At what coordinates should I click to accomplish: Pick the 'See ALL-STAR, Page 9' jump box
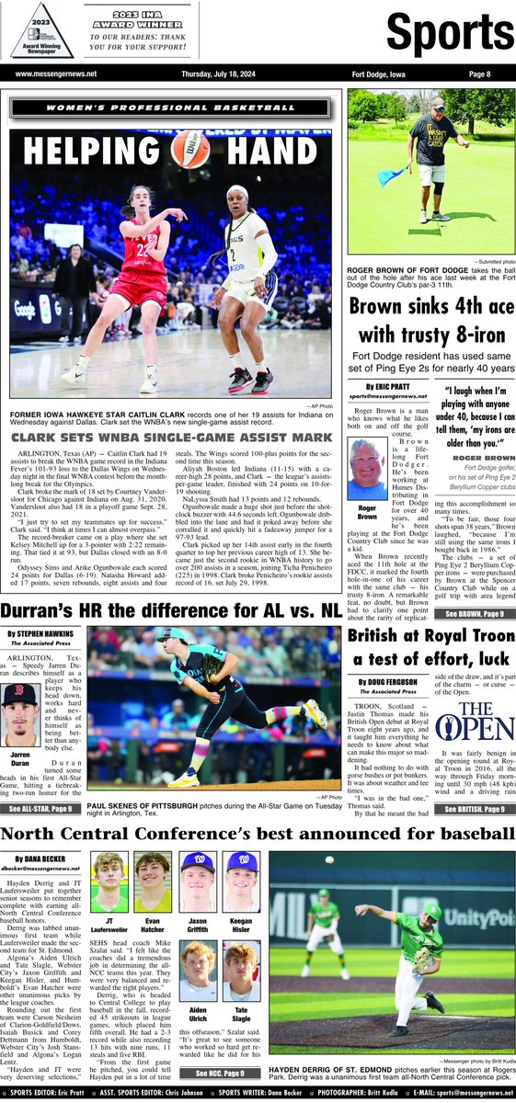tap(41, 809)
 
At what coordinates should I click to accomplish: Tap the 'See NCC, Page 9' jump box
tap(218, 1072)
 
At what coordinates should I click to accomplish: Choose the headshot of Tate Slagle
tap(239, 965)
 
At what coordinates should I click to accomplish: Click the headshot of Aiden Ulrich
tap(197, 965)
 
